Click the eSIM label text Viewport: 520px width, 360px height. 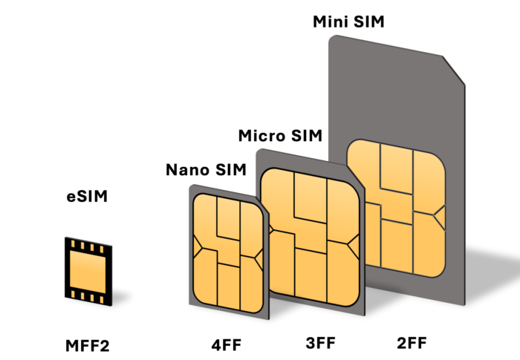[87, 196]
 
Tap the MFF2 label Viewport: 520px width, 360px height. [88, 346]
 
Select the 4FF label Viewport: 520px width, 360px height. [227, 345]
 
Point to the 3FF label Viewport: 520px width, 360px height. [321, 343]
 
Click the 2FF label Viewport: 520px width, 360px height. [412, 343]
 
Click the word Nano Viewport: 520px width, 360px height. [187, 170]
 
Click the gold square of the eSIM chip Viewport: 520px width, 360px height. [88, 272]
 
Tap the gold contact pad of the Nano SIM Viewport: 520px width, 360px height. [228, 254]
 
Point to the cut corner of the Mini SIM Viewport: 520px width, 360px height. [454, 70]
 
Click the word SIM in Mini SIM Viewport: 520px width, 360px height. [369, 22]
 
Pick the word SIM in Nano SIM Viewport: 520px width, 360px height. [231, 170]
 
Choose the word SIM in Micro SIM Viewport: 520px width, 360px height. [307, 136]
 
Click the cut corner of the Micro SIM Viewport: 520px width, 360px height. [355, 176]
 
